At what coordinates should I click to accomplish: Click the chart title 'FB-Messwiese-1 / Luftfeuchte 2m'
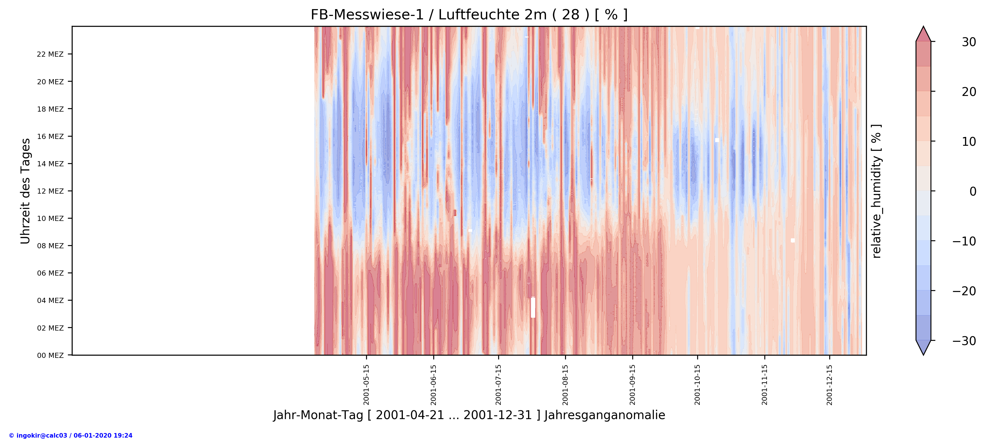tap(469, 15)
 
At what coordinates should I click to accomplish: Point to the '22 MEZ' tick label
tap(50, 54)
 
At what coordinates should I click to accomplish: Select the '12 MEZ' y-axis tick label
tap(50, 191)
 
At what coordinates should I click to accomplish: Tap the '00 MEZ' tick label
tap(50, 355)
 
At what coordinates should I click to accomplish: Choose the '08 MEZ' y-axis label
tap(50, 246)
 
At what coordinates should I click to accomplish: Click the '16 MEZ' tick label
tap(50, 136)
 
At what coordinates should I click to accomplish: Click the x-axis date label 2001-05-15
tap(366, 384)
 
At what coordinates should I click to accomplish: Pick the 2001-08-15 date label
tap(565, 384)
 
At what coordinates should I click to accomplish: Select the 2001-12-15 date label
tap(829, 384)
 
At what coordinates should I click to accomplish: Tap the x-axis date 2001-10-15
tap(697, 384)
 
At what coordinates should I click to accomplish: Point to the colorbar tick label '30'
tap(968, 42)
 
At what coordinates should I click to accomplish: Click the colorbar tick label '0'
tap(972, 191)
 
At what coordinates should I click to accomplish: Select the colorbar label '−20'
tap(964, 291)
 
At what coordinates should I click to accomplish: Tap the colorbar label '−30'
tap(964, 341)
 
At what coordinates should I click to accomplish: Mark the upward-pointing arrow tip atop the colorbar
tap(924, 29)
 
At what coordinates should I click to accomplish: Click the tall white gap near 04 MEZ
tap(533, 307)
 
